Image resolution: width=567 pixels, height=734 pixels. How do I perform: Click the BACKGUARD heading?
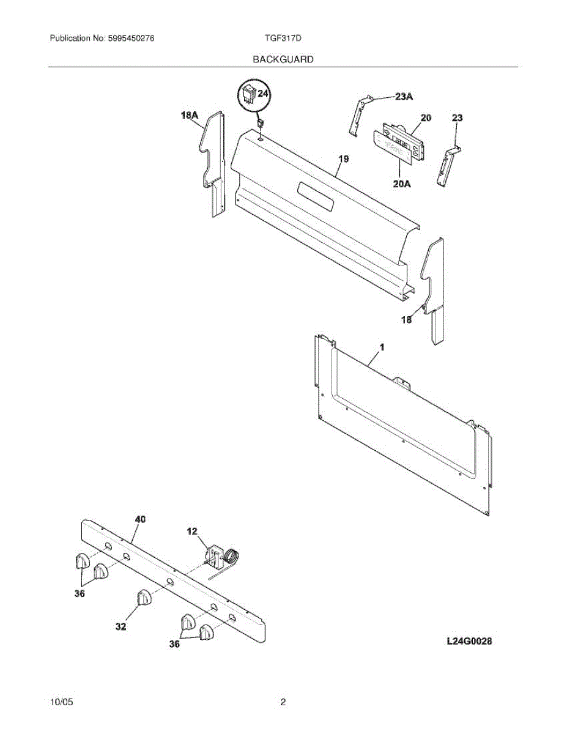tap(283, 59)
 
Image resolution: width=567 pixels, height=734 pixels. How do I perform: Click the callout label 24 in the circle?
tap(262, 94)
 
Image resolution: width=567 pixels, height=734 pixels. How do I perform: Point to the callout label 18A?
tap(189, 115)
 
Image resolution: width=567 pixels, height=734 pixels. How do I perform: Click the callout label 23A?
tap(403, 96)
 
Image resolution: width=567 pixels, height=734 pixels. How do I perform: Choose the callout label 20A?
tap(401, 182)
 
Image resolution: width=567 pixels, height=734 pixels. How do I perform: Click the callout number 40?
tap(140, 519)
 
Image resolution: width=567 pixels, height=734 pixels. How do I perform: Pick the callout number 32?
tap(120, 626)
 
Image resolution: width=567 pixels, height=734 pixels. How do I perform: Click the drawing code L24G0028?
tap(469, 642)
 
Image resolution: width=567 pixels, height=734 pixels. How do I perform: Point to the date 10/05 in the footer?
tap(61, 703)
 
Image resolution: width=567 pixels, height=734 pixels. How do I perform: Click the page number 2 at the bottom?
tap(283, 703)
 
